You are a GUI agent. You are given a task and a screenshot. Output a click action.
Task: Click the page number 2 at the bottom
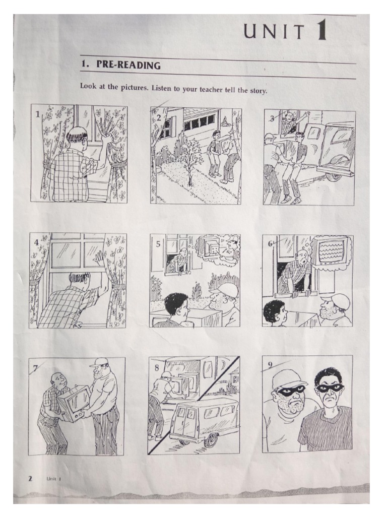coord(31,478)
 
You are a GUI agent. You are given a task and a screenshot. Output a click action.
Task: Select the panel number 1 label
coord(37,114)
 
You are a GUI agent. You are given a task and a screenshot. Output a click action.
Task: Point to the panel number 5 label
coord(158,244)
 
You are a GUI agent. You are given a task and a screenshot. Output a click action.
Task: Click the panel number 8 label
coord(156,368)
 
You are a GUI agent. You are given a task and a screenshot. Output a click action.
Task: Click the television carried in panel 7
coord(73,404)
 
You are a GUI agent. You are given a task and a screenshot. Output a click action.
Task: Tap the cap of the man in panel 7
coord(99,362)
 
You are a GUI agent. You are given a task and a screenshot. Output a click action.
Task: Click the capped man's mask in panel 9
coord(291,391)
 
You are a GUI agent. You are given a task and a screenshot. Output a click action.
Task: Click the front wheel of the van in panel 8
coord(210,439)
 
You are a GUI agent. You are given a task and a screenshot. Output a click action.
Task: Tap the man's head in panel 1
coord(77,136)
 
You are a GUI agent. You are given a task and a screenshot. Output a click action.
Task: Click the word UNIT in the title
coord(274,31)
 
